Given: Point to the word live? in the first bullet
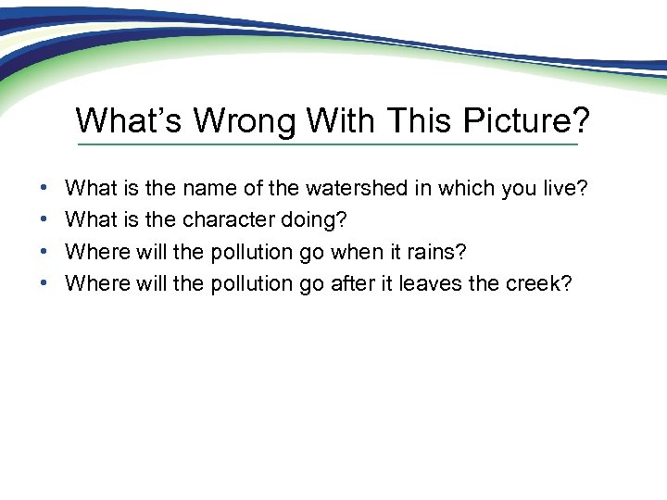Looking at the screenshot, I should [x=562, y=189].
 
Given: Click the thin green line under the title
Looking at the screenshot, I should [x=327, y=144].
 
